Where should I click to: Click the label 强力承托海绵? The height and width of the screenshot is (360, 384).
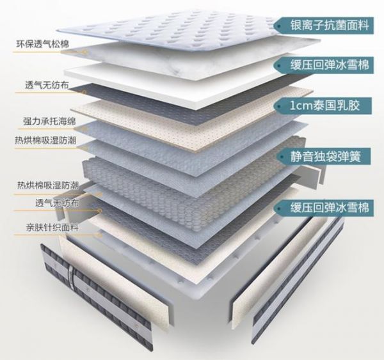(x=49, y=120)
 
